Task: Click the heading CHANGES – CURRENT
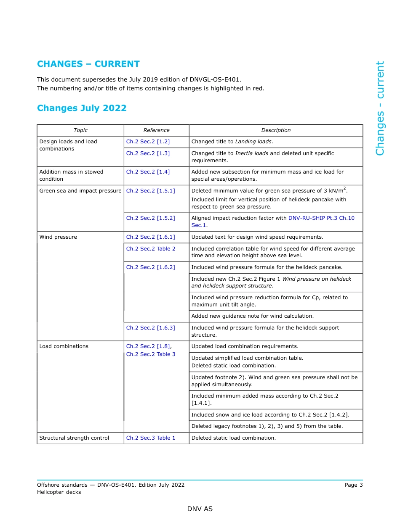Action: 88,64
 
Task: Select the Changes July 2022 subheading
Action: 82,108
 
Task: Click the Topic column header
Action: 80,130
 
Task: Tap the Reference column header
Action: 156,130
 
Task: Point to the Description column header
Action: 276,130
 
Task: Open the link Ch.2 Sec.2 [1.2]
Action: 148,142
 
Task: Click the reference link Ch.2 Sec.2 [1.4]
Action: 148,172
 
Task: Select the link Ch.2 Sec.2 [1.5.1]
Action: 150,191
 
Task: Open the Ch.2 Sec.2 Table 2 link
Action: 151,249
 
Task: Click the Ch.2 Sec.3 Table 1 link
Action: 151,438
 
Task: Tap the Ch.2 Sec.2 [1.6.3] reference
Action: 150,328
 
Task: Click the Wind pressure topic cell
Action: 58,237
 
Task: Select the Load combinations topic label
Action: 64,346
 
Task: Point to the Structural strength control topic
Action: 74,438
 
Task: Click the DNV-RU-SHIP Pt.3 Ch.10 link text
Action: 321,218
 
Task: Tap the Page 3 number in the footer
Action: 353,485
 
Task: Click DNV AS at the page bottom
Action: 200,509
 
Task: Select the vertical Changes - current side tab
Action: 380,108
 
